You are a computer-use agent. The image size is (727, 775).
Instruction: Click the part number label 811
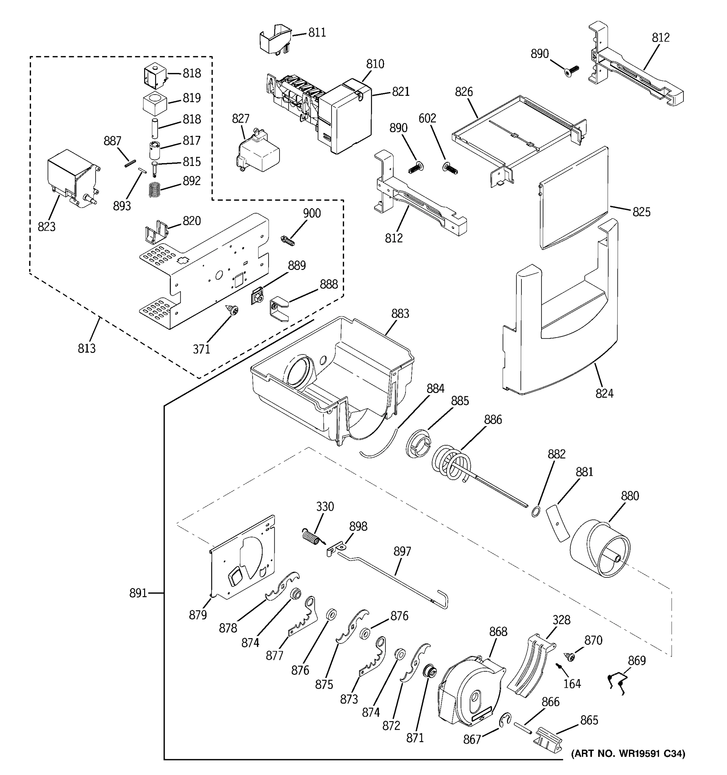[x=317, y=33]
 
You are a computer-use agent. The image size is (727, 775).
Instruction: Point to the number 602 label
[x=427, y=119]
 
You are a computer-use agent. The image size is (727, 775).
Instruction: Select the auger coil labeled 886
[x=452, y=464]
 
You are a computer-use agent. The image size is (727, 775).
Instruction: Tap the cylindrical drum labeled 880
[x=599, y=549]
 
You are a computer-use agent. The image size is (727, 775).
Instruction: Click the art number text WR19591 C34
[x=628, y=754]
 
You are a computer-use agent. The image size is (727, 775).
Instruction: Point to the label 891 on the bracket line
[x=138, y=593]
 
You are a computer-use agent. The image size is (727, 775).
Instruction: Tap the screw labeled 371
[x=233, y=311]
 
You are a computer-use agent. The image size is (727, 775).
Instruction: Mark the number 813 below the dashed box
[x=87, y=348]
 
